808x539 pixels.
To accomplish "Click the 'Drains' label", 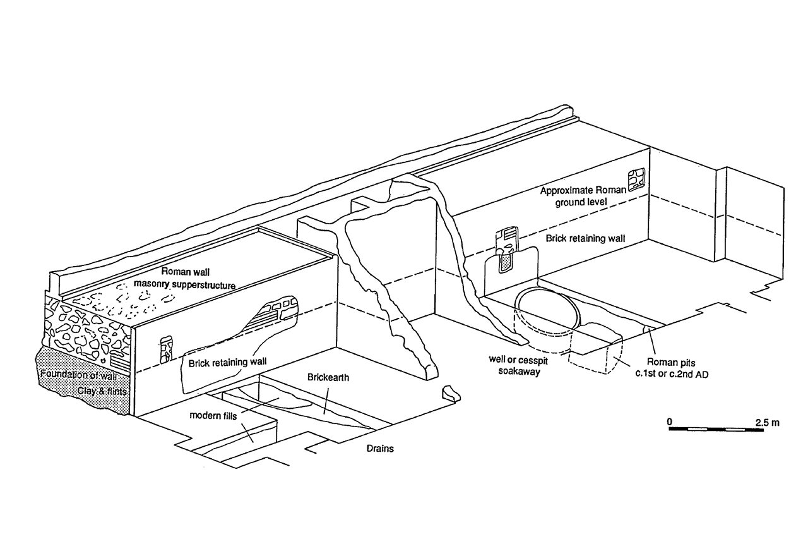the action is coord(380,449).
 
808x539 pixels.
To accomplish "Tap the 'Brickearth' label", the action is coord(328,378).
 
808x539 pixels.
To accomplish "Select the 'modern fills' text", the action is coord(213,416).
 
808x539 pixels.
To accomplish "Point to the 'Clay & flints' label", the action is coord(102,391).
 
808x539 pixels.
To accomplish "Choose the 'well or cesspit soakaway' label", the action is coord(519,365).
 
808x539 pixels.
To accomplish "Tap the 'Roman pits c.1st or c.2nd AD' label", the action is coord(672,368).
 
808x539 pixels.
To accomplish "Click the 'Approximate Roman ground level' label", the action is coord(583,196).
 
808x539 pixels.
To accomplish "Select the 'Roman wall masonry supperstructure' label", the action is coord(185,278).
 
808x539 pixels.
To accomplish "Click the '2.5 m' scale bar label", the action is coord(767,422).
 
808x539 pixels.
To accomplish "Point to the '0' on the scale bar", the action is coord(670,421).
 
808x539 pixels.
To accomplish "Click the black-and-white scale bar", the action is coord(716,430).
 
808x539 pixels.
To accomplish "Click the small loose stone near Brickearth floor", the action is coord(451,394).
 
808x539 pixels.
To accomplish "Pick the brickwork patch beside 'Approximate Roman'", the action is coord(636,180).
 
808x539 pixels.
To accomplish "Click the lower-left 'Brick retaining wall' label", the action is coord(228,361).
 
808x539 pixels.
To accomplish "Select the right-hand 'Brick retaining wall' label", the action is coord(585,239).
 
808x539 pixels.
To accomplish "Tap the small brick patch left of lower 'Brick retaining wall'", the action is coord(166,350).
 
